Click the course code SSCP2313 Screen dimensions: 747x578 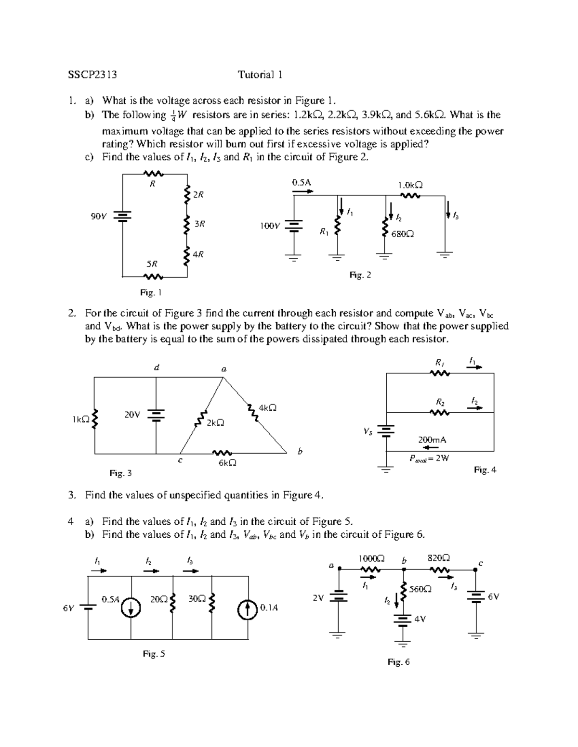[x=92, y=75]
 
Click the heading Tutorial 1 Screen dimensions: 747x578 [x=260, y=75]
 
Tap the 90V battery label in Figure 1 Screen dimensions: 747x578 [x=98, y=216]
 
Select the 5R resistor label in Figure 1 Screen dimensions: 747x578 [x=152, y=264]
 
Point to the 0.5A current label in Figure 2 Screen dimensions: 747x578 [x=302, y=182]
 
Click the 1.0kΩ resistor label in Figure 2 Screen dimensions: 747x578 [x=410, y=185]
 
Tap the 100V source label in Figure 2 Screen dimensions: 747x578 [x=269, y=225]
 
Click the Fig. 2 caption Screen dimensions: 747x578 [x=360, y=275]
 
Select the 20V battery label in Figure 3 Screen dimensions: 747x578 [x=132, y=414]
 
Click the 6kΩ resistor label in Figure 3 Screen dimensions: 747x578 [x=227, y=463]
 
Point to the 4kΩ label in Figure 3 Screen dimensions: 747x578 [x=267, y=407]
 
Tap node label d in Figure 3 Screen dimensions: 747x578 [x=156, y=368]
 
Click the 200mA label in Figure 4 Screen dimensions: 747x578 [x=432, y=440]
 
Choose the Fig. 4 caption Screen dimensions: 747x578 [x=485, y=470]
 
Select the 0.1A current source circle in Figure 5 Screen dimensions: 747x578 [x=249, y=609]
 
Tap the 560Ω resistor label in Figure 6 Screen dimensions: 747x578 [x=420, y=589]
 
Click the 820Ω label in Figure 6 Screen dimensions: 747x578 [x=439, y=558]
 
